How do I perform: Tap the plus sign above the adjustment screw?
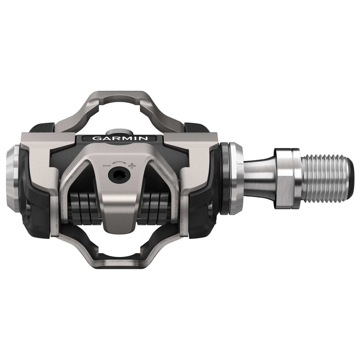tap(131, 166)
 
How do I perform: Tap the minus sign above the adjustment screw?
tap(106, 166)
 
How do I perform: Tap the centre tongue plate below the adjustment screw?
tap(119, 211)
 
